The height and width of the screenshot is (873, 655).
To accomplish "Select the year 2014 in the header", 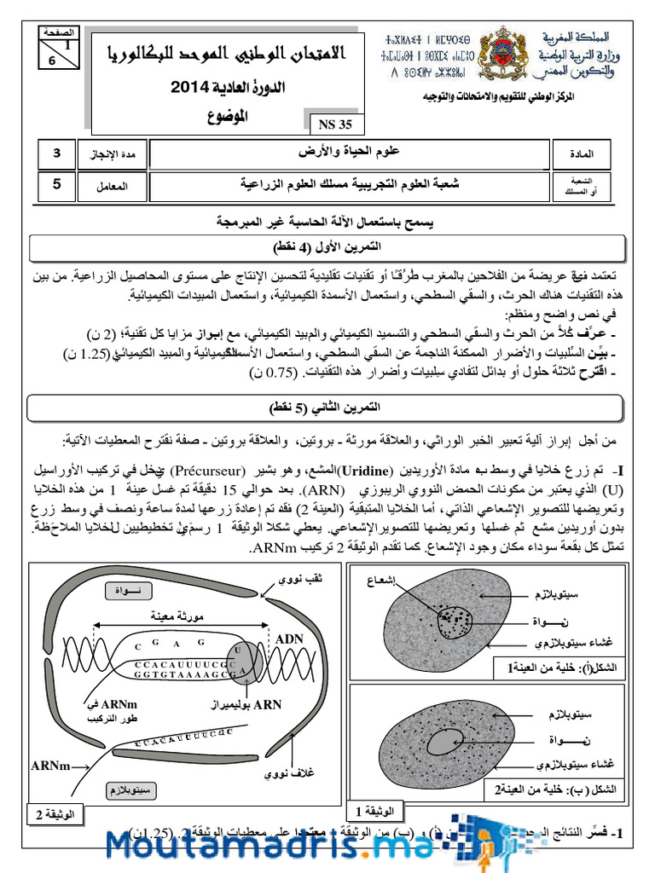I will click(196, 86).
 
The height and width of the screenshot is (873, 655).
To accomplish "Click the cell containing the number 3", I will click(57, 154).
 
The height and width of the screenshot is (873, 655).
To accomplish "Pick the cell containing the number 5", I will click(57, 182).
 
